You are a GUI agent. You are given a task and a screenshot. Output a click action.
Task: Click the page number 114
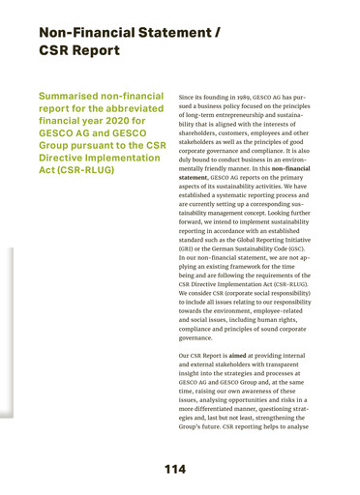click(174, 470)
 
